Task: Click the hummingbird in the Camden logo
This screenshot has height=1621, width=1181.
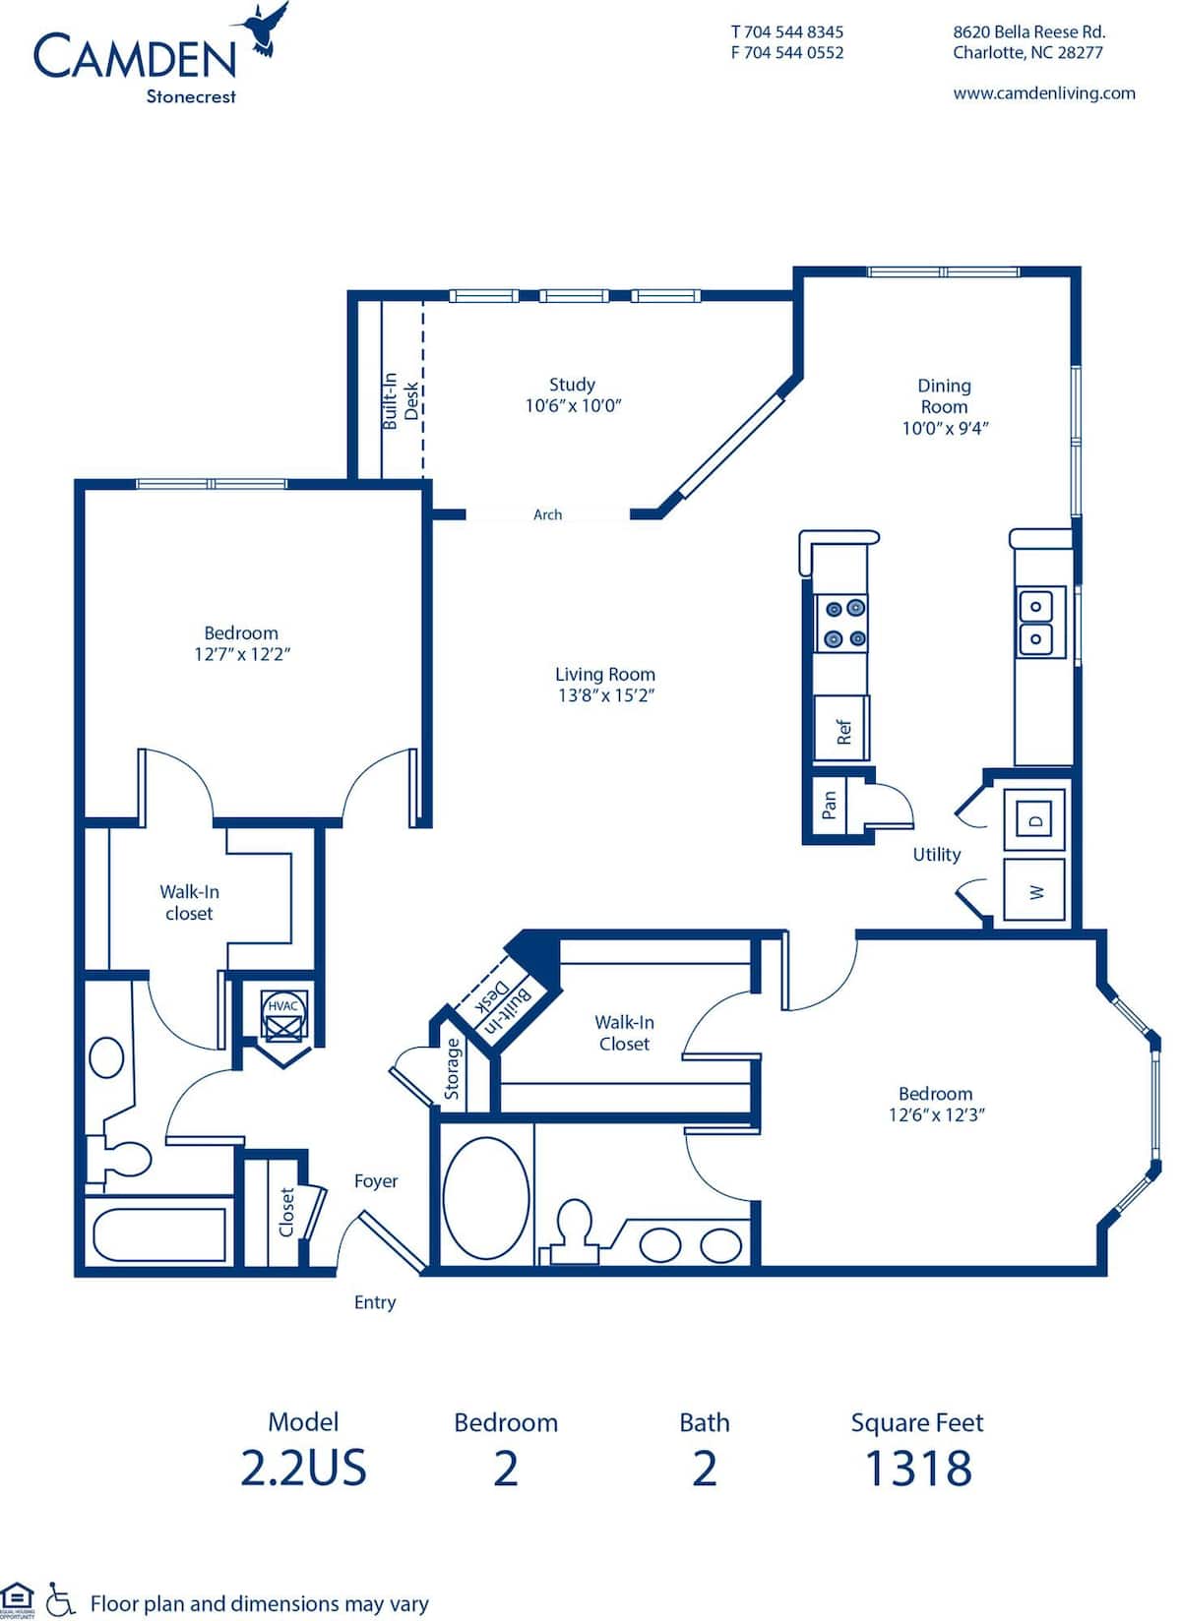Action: pyautogui.click(x=264, y=28)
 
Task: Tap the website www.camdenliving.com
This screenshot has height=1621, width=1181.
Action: pyautogui.click(x=1043, y=93)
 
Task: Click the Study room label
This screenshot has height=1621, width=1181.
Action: pyautogui.click(x=572, y=385)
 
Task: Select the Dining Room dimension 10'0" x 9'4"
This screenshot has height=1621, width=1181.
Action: pyautogui.click(x=945, y=428)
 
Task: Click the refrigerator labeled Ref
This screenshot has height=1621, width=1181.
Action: pyautogui.click(x=841, y=730)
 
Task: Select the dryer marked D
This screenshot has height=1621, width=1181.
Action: pyautogui.click(x=1034, y=819)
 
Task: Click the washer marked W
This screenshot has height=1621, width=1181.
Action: pyautogui.click(x=1034, y=891)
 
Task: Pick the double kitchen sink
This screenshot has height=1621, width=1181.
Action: pyautogui.click(x=1040, y=623)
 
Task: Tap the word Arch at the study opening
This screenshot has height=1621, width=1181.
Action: pyautogui.click(x=547, y=514)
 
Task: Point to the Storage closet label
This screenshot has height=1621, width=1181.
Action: pyautogui.click(x=453, y=1068)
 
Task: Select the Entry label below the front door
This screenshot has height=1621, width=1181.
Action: pyautogui.click(x=374, y=1302)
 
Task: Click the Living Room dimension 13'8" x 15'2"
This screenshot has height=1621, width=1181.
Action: pyautogui.click(x=605, y=695)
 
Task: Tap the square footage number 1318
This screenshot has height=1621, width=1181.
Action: pyautogui.click(x=917, y=1469)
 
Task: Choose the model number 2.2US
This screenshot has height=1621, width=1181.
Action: pyautogui.click(x=303, y=1469)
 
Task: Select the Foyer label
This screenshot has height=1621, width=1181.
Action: pyautogui.click(x=376, y=1181)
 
